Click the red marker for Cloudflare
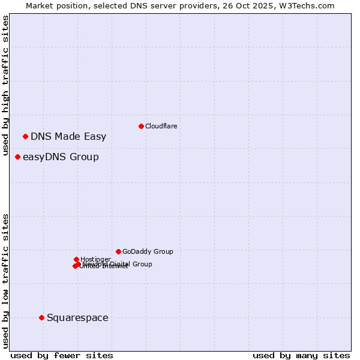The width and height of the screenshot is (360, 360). tap(141, 126)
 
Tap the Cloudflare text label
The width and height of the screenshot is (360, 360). tap(161, 126)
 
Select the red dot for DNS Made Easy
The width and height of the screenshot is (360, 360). tap(25, 136)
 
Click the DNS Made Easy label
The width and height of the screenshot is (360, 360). tap(68, 137)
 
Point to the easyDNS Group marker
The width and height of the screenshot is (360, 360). tap(17, 157)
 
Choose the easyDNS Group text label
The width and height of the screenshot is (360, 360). tap(61, 157)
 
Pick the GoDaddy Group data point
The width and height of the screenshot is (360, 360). tap(118, 251)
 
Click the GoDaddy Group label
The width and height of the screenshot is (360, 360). tap(148, 251)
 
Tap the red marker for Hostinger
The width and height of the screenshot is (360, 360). tap(76, 259)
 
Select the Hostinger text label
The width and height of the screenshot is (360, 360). tap(95, 259)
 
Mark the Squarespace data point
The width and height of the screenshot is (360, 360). tap(41, 317)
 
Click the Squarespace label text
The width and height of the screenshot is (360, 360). tap(77, 318)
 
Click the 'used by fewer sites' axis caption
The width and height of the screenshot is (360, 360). tap(62, 355)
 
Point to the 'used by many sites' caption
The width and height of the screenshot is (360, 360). tap(301, 355)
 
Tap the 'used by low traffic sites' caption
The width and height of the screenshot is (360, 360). tap(5, 280)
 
